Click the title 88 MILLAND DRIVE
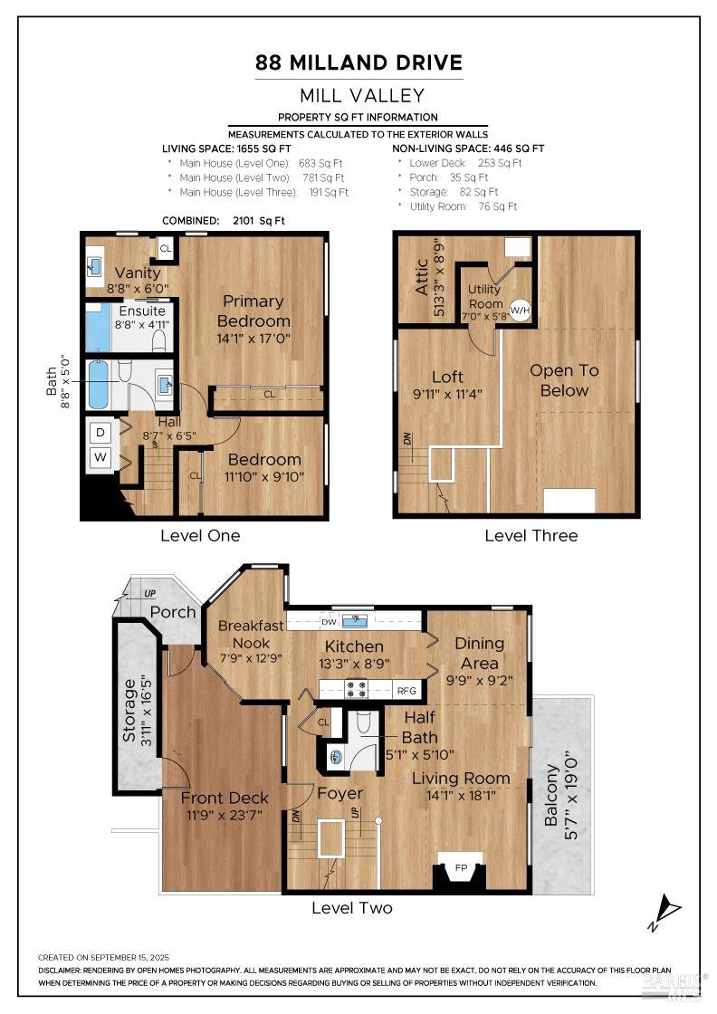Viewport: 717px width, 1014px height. [x=358, y=62]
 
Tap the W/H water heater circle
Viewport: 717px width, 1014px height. [x=520, y=310]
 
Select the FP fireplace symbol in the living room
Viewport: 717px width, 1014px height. [x=461, y=868]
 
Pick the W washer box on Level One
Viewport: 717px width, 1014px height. [x=101, y=459]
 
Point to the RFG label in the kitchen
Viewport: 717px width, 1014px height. [x=408, y=691]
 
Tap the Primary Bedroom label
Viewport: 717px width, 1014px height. [x=253, y=311]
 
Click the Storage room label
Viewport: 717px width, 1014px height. [x=129, y=710]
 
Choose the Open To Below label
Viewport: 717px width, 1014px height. [x=564, y=380]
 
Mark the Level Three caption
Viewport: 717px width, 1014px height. [x=531, y=535]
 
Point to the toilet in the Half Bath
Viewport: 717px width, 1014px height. [x=365, y=722]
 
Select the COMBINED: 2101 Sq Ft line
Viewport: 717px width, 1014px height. [x=223, y=220]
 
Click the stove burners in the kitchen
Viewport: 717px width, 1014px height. [x=356, y=689]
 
